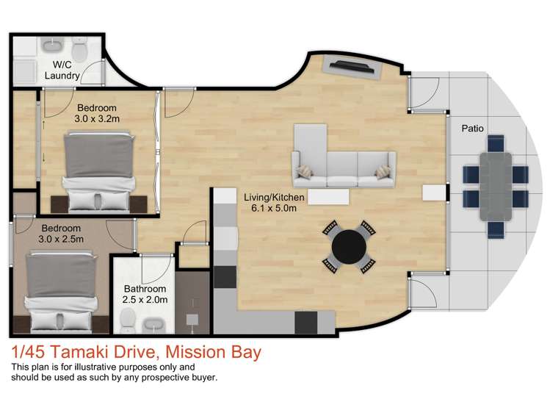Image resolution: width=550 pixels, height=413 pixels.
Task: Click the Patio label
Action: [472, 129]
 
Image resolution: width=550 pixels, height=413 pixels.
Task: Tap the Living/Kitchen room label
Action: [274, 197]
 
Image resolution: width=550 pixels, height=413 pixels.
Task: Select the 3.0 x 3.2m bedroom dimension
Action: [97, 119]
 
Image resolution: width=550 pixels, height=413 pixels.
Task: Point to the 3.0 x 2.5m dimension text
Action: [61, 240]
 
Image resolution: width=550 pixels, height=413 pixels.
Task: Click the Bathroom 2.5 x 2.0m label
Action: [145, 294]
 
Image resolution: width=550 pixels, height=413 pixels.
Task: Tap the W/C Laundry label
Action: [62, 70]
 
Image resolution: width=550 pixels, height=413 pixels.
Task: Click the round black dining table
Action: [349, 247]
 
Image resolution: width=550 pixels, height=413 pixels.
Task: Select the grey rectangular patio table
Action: [495, 187]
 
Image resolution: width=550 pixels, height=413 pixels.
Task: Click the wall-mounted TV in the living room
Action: [352, 66]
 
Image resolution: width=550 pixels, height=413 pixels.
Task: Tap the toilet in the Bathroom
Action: [128, 320]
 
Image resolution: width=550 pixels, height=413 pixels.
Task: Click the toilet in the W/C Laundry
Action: [80, 49]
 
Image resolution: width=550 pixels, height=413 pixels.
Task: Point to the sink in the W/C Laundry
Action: [53, 46]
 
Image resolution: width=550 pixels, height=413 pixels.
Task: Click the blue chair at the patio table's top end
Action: [495, 143]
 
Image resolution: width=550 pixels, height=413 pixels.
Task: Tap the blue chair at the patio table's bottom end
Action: [495, 230]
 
